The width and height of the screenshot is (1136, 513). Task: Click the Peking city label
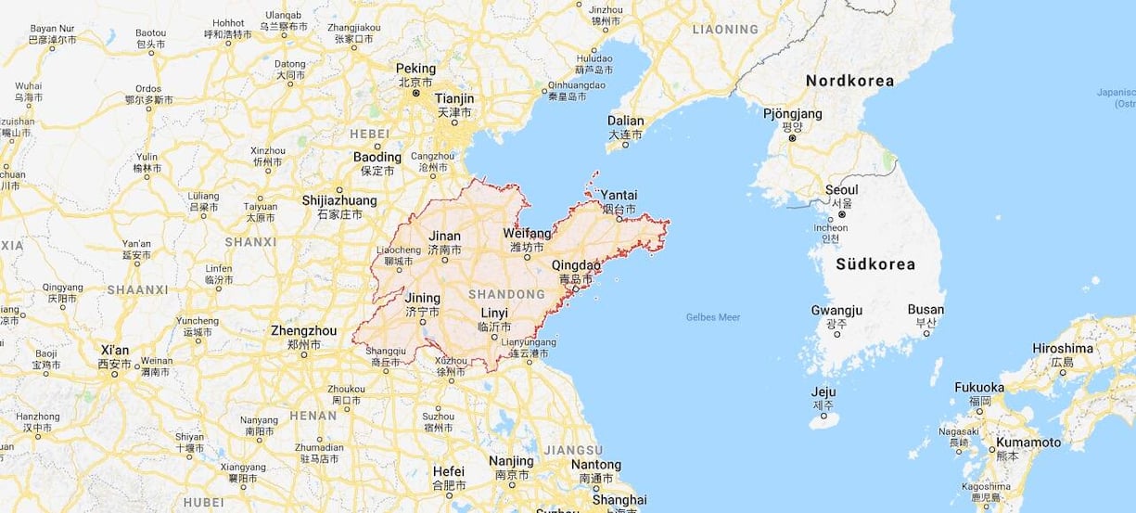pos(415,69)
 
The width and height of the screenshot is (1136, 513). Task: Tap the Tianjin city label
pos(454,98)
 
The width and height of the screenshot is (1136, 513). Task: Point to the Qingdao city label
pos(576,264)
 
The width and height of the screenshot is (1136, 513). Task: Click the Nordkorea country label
pos(849,81)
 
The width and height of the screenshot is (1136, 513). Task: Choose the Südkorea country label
pos(874,264)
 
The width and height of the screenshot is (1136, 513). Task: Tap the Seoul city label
pos(841,189)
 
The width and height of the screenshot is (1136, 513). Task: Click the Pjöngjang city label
pos(792,114)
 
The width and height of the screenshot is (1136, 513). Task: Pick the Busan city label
pos(925,310)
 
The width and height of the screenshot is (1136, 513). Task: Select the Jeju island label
pos(823,391)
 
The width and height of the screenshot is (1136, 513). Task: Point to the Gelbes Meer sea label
pos(713,317)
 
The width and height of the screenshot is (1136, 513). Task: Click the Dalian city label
pos(625,121)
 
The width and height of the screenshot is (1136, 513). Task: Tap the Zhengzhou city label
pos(303,330)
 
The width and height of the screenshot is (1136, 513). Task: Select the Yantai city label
pos(619,196)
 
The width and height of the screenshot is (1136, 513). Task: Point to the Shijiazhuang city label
pos(339,200)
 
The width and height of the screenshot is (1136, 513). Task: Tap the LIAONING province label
pos(725,30)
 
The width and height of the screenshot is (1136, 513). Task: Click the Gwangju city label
pos(836,310)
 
